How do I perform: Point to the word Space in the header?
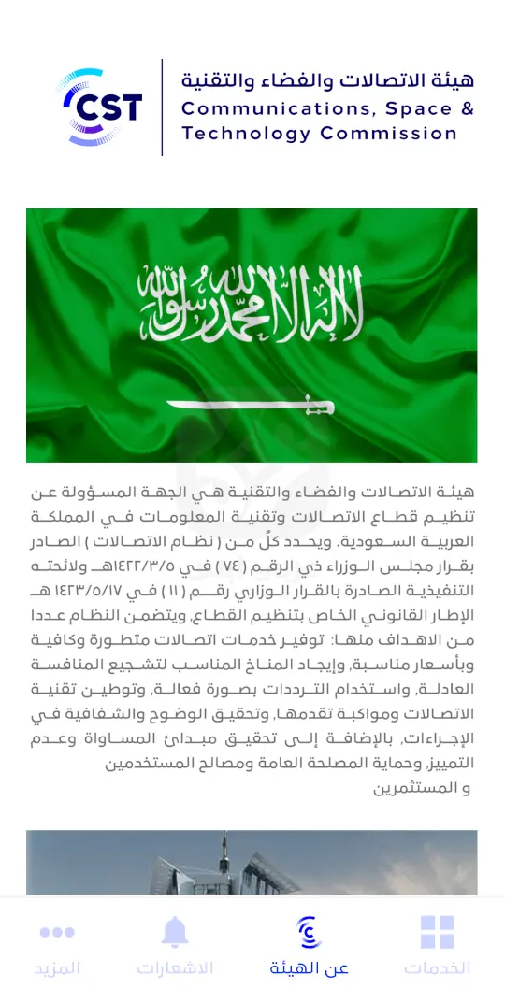(413, 108)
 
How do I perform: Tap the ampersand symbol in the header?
(467, 108)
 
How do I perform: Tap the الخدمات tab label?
(437, 968)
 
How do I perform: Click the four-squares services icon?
(437, 932)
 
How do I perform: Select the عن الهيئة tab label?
(309, 968)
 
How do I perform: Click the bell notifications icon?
(174, 931)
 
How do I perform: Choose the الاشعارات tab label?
(175, 968)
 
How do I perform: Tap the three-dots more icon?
(57, 932)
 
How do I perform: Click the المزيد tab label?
(57, 968)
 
